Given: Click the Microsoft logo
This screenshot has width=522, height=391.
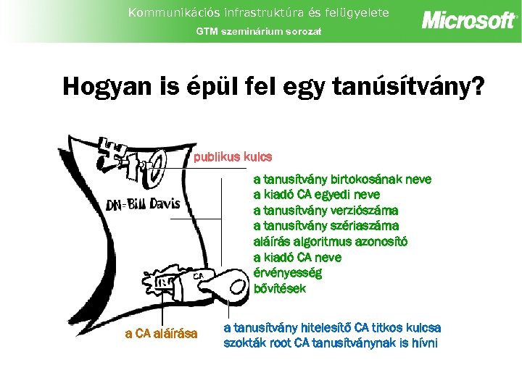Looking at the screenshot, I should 469,20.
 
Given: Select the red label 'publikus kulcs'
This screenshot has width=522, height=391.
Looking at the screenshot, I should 233,156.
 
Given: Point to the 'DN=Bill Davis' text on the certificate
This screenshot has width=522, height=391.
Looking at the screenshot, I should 143,204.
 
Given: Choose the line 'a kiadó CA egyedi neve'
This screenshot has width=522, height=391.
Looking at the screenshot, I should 316,195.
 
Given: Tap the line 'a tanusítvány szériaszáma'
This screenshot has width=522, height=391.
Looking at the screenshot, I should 326,226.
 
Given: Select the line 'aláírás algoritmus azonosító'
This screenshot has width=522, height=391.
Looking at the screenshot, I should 330,242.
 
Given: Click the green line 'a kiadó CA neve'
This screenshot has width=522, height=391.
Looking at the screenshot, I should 297,257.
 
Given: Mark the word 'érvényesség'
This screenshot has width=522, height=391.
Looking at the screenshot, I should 288,273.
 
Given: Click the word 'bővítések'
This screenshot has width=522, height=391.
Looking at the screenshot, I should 280,288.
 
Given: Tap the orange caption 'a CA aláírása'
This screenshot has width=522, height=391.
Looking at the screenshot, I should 161,334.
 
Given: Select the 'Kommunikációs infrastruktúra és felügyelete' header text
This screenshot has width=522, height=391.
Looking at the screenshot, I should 259,12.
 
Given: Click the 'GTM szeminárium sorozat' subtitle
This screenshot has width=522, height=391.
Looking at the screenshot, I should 259,31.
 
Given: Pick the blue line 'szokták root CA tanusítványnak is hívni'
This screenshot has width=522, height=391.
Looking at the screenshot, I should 331,342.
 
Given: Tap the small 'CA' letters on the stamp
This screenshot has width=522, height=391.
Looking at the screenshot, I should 198,276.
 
